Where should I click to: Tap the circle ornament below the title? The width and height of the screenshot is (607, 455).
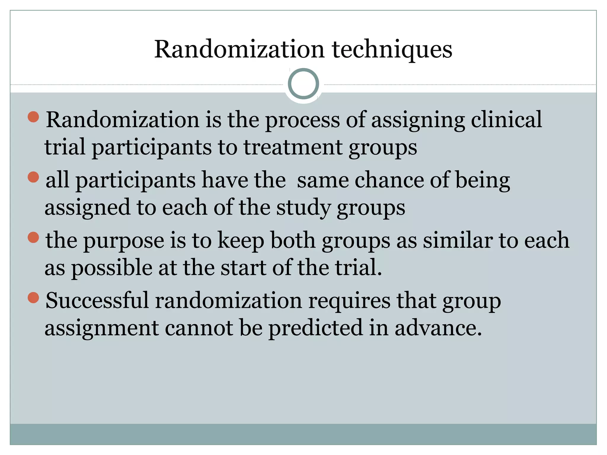tap(303, 84)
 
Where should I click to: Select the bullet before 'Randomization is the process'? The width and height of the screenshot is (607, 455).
tap(33, 117)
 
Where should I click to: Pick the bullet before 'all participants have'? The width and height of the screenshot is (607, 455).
tap(33, 177)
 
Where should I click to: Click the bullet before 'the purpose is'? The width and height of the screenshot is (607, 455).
tap(33, 238)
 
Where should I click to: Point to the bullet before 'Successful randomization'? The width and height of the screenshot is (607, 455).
tap(33, 298)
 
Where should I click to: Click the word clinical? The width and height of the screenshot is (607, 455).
tap(506, 120)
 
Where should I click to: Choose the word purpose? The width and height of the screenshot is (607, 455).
tap(124, 241)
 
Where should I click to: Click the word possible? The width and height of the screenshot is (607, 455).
tap(112, 268)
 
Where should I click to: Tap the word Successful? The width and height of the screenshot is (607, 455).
tap(97, 301)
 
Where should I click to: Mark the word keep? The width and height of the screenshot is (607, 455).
tap(241, 241)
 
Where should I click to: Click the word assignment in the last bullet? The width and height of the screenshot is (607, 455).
tap(102, 328)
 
